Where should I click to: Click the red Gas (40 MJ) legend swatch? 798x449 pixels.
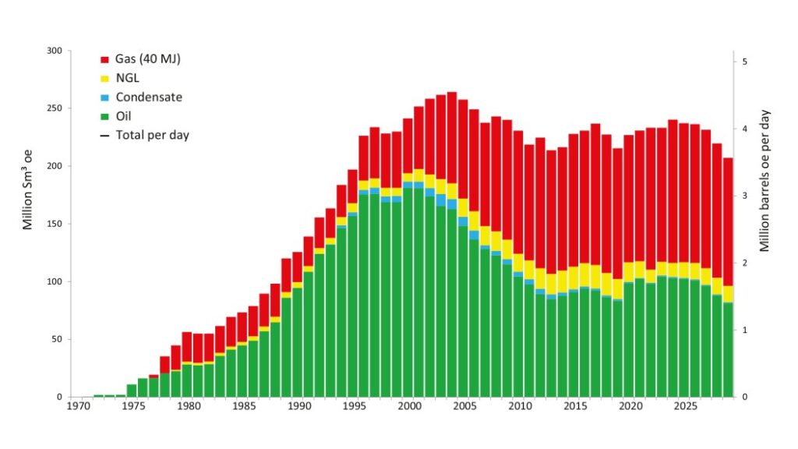[x=104, y=60]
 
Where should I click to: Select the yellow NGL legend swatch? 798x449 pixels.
[x=104, y=79]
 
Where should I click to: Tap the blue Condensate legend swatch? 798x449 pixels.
[x=104, y=97]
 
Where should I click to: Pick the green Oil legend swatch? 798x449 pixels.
[x=104, y=116]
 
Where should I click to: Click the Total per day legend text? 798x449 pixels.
[x=152, y=135]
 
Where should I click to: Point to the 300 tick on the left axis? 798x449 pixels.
[x=54, y=51]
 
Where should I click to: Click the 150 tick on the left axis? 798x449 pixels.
[x=54, y=224]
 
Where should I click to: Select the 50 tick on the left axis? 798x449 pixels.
[x=56, y=339]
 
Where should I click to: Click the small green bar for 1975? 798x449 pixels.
[x=132, y=391]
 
